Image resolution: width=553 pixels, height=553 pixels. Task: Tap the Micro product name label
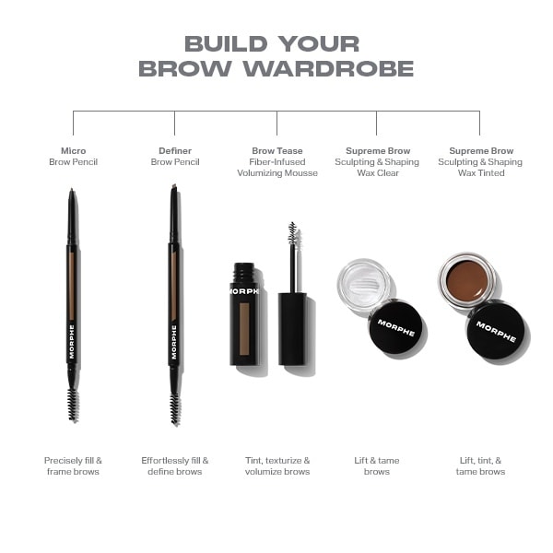(73, 150)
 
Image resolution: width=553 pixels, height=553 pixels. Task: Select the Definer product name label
(175, 150)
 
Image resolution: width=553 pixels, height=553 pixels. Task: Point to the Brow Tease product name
(276, 150)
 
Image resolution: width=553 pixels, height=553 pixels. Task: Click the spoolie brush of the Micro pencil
(73, 404)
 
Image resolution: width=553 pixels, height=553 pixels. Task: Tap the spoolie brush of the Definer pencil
(175, 406)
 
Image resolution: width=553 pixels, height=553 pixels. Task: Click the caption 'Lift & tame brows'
(376, 465)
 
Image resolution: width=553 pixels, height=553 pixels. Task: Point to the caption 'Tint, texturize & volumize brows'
(276, 465)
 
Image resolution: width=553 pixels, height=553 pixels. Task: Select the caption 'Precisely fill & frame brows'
(73, 465)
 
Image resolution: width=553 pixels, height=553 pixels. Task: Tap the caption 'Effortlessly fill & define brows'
(175, 465)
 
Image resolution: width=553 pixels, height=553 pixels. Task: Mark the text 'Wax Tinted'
(480, 173)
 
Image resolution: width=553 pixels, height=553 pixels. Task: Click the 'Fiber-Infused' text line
(276, 162)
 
